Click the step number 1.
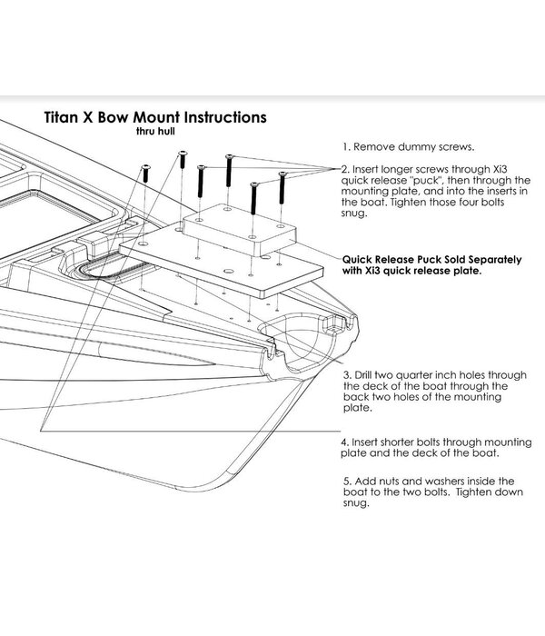346,146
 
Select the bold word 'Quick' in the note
359,259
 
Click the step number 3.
346,374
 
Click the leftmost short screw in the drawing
144,180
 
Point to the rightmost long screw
282,185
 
